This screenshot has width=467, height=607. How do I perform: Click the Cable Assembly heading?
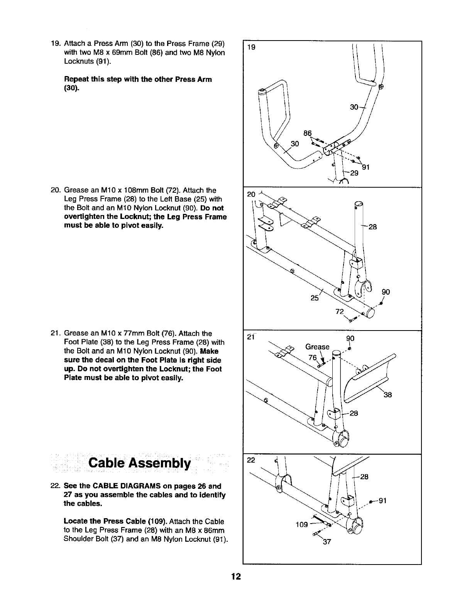tap(139, 463)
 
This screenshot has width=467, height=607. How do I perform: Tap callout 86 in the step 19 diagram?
tap(308, 133)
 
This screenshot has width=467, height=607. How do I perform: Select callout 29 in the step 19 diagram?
tap(354, 173)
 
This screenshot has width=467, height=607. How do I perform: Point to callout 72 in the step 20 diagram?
tap(340, 312)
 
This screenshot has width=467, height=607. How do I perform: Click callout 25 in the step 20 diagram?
tap(315, 298)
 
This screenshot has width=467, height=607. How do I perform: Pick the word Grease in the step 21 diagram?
tap(317, 347)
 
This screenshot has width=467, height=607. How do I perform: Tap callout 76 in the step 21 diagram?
tap(312, 357)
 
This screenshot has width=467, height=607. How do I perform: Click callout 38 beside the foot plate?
tap(388, 395)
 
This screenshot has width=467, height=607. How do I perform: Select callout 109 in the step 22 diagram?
tap(302, 524)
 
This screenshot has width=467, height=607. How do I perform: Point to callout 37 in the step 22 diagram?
tap(327, 542)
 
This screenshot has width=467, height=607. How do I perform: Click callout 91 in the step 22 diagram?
tap(382, 501)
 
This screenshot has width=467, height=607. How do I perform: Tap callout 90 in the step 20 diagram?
tap(386, 292)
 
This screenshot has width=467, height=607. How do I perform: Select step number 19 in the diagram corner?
tap(251, 47)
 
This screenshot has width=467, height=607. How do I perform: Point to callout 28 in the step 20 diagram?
tap(372, 227)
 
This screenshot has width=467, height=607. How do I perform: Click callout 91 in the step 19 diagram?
tap(366, 167)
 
